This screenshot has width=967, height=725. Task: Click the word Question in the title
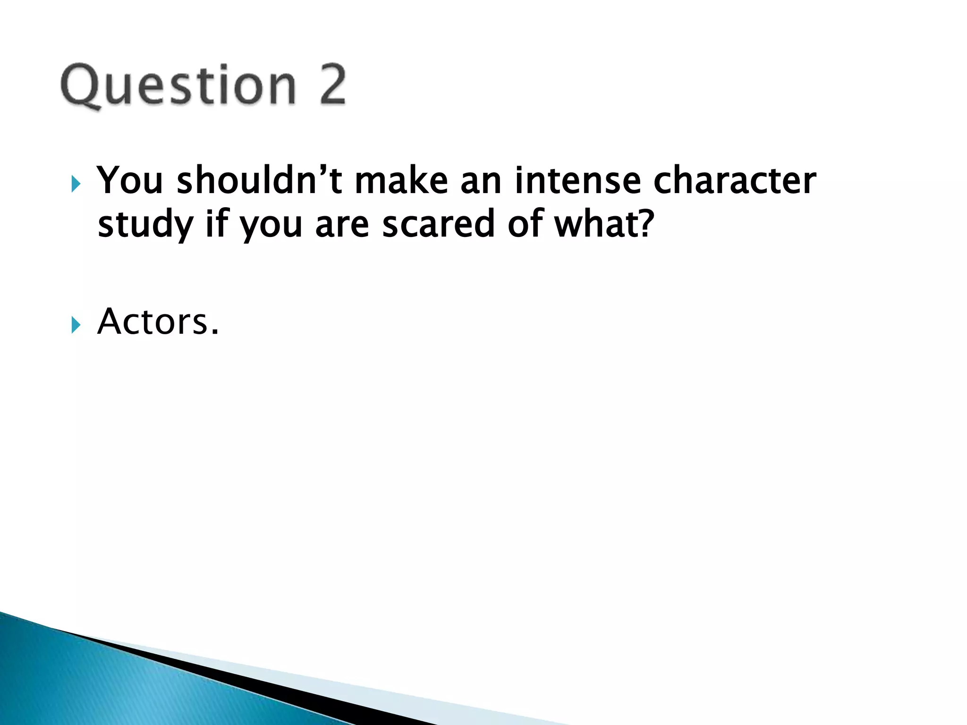(x=178, y=85)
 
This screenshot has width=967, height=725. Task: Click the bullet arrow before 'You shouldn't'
(x=76, y=184)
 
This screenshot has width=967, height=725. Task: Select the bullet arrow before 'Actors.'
(x=76, y=325)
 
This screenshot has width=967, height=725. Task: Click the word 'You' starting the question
(x=130, y=181)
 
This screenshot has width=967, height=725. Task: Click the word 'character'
(x=735, y=181)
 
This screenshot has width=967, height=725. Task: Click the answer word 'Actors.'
(x=158, y=322)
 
